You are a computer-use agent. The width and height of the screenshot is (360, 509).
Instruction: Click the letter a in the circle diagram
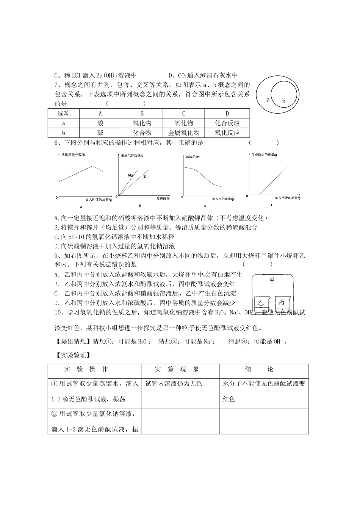coord(268,100)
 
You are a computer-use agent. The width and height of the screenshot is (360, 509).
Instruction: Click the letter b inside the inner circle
coord(283,101)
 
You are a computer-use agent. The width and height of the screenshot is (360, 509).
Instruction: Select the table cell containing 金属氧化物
coord(184,133)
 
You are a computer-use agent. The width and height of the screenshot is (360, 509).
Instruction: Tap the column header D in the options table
coord(227,113)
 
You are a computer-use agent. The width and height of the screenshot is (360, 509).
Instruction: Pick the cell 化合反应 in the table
coord(227,123)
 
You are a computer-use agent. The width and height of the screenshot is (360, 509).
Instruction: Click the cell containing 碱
coord(100,133)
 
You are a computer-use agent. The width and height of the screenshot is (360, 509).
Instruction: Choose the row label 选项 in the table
coord(63,113)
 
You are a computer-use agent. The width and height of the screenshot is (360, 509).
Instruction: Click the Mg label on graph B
coord(130,175)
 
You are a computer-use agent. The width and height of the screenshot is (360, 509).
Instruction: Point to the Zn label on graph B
coord(146,176)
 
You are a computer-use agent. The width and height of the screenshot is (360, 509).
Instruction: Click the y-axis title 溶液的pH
coord(193,156)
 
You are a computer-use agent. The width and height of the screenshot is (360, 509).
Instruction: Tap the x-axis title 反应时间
coord(163,198)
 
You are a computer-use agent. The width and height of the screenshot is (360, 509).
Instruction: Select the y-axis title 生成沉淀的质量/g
coord(265,155)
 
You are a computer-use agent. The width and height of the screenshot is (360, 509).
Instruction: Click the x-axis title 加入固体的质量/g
coord(98,199)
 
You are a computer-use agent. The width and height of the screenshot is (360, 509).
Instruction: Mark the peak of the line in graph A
coord(93,166)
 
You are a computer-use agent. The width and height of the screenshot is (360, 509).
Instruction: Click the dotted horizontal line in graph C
coord(206,177)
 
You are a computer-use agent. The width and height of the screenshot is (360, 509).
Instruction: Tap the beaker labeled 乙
coord(261,303)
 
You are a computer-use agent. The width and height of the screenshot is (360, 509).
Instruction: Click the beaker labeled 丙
coord(281,302)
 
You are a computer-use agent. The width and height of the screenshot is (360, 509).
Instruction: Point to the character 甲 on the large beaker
coord(272,280)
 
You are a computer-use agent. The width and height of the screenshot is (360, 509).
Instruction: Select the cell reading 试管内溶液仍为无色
coord(174,384)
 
